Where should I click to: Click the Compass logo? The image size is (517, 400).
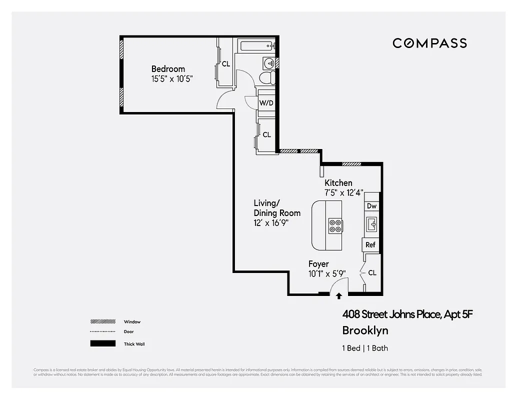pos(429,43)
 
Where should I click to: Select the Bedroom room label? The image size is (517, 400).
pos(168,69)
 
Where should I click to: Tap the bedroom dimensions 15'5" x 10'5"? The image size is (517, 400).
pos(172,78)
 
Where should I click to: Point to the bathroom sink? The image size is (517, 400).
pos(269,63)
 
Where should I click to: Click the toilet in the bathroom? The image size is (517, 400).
pos(266,78)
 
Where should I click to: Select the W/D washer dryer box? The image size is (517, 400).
pos(265,103)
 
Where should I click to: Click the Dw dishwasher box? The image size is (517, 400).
pos(371,206)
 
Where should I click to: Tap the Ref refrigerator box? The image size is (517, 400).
pos(370,245)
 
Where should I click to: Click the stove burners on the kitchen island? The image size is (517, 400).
pos(335,226)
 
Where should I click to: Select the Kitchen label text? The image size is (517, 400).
pos(338,183)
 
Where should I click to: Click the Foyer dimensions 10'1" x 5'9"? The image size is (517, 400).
pos(327,273)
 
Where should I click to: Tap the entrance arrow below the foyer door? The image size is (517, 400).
pos(339,296)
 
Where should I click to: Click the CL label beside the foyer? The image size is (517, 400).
pos(372,273)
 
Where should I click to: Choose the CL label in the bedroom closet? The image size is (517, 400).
pos(226,64)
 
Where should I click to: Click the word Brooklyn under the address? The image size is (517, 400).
pos(365,330)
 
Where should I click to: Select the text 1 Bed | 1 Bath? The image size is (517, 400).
pos(365,348)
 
